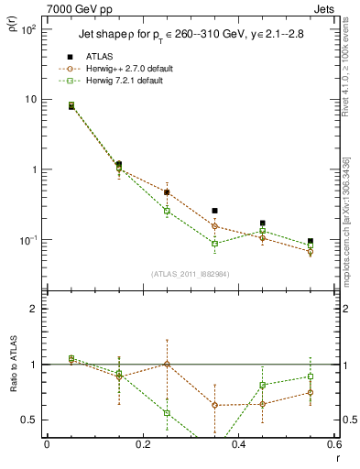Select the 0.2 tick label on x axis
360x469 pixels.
(x=142, y=445)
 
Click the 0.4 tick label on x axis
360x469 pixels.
(x=238, y=445)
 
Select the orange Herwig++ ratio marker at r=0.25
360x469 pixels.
(x=167, y=364)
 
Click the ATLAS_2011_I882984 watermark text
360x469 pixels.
(x=190, y=273)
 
